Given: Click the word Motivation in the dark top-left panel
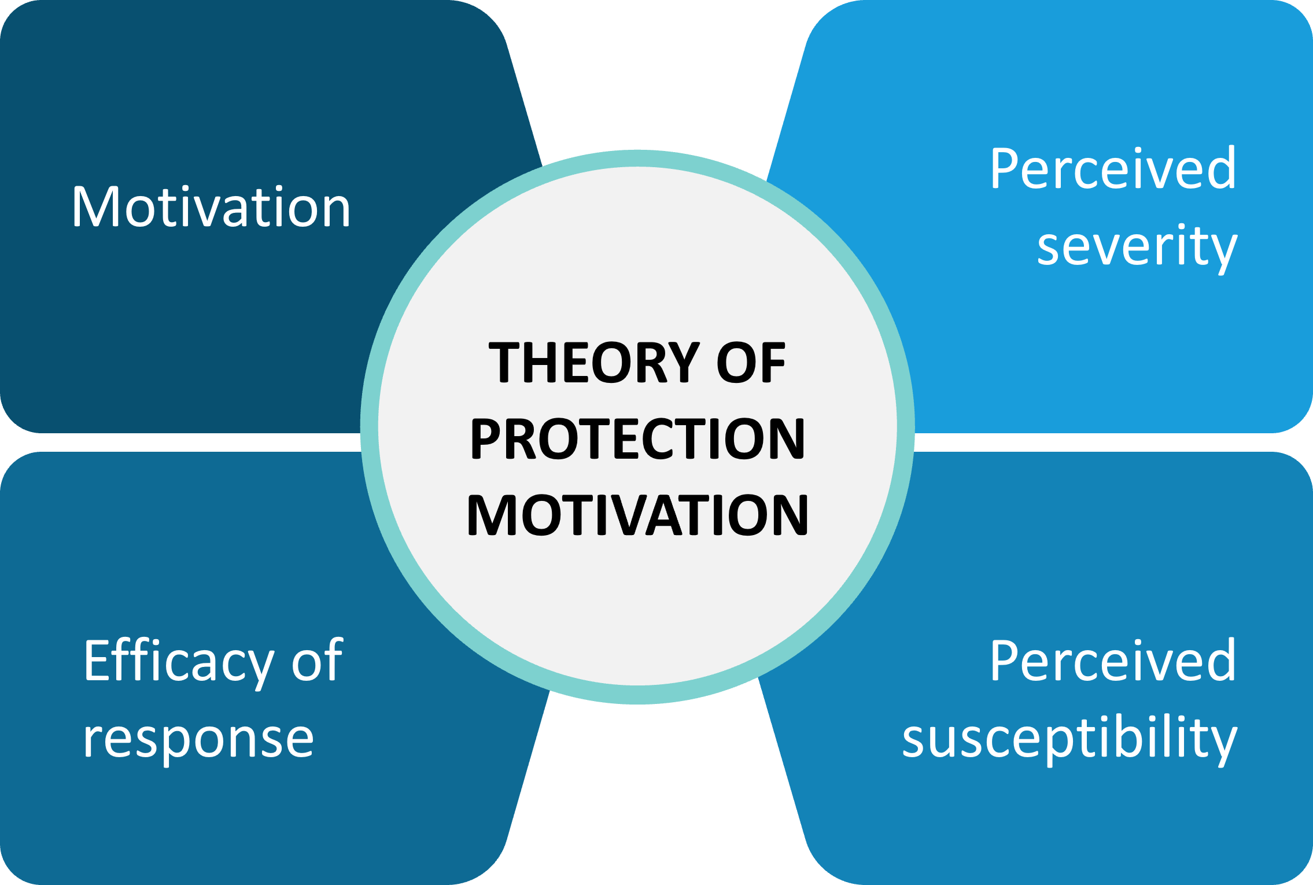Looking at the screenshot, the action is click(211, 207).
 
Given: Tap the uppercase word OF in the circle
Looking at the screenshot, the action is click(751, 363).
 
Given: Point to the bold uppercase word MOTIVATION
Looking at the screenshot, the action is click(637, 515).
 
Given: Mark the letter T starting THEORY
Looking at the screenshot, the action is click(506, 363).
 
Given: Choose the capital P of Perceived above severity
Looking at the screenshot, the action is click(1005, 168).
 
